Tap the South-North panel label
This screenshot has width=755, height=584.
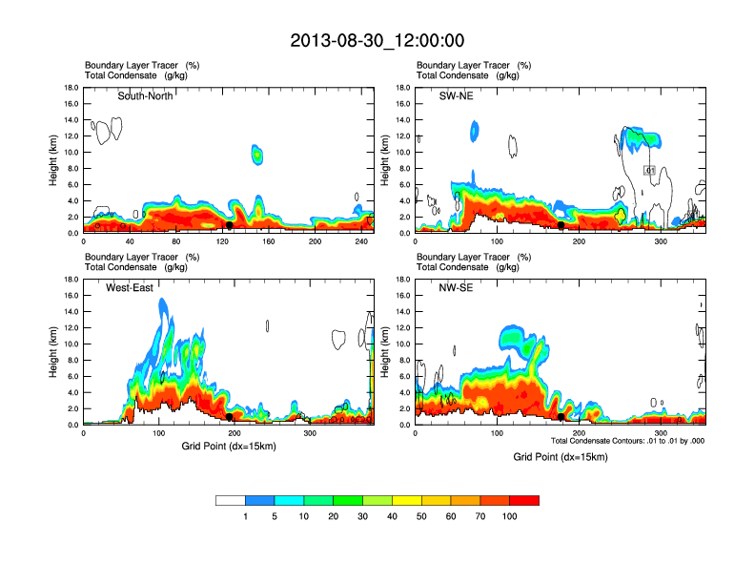pos(145,95)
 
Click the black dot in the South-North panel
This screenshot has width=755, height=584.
pos(230,225)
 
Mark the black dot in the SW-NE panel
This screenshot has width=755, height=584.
pos(561,226)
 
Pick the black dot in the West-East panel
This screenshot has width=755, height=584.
pos(230,417)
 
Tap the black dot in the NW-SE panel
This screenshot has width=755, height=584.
pos(561,417)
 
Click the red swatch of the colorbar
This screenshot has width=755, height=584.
pos(524,500)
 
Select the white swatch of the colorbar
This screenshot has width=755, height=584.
pos(231,500)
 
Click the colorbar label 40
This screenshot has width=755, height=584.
pos(394,516)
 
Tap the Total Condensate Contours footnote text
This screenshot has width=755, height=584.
pos(627,441)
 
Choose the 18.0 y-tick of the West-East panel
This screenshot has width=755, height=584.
pos(70,280)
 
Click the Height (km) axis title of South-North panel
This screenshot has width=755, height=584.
pos(53,160)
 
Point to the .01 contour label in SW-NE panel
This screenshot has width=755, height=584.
pos(649,170)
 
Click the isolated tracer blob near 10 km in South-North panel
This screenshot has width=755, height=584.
pos(256,154)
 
